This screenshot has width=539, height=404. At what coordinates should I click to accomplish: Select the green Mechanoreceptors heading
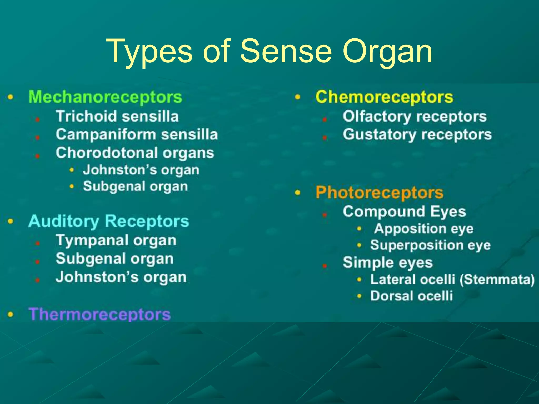click(105, 97)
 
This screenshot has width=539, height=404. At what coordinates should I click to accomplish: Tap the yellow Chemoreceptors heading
click(384, 97)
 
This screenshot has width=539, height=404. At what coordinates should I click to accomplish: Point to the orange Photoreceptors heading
click(380, 193)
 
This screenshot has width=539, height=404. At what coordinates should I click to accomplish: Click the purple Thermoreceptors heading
click(100, 314)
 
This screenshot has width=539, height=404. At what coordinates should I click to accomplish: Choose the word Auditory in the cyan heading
click(63, 221)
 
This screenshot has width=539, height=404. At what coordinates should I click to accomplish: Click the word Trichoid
click(86, 116)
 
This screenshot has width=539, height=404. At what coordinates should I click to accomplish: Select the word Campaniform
click(106, 134)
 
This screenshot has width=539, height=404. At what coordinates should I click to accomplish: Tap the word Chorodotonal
click(107, 153)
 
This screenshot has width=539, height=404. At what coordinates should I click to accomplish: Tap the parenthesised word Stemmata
click(497, 280)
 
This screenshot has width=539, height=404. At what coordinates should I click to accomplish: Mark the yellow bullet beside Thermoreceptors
click(11, 314)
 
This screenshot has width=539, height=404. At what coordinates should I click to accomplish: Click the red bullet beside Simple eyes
click(325, 266)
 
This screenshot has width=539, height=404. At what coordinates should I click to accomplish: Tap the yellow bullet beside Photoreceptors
click(297, 193)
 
